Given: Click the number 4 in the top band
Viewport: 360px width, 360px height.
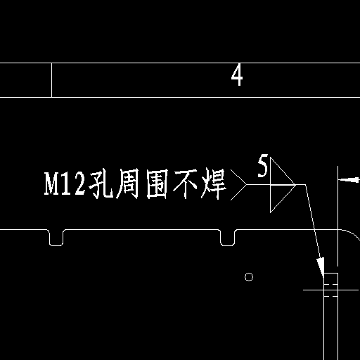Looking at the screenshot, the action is (x=237, y=75).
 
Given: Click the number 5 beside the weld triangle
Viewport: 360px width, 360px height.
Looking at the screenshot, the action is (x=262, y=165).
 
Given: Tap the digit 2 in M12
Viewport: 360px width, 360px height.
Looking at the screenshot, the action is (x=79, y=183).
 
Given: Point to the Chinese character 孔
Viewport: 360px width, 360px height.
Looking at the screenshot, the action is (x=101, y=184).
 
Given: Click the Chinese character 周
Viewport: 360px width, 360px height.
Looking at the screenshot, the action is (x=128, y=184).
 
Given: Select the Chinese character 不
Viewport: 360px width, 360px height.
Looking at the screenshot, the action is (x=186, y=184).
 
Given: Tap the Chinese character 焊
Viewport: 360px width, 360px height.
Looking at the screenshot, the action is (x=214, y=184).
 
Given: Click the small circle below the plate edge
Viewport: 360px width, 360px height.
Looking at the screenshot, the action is (x=249, y=277).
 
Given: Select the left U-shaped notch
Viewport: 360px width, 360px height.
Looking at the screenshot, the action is (x=56, y=245).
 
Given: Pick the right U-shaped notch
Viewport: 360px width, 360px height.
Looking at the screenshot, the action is (x=228, y=245).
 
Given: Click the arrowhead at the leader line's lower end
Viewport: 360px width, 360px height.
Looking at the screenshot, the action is (x=321, y=267).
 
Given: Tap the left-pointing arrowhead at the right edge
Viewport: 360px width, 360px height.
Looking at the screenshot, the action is (x=349, y=180).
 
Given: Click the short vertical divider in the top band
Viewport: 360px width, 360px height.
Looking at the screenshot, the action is (x=51, y=80).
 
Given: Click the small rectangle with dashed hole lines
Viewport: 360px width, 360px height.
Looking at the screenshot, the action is (x=330, y=285).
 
